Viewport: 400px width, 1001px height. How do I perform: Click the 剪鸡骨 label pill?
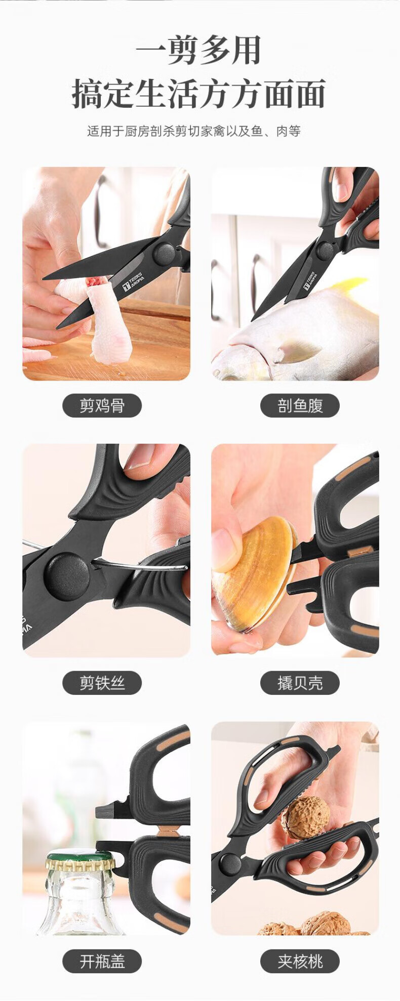click(x=102, y=405)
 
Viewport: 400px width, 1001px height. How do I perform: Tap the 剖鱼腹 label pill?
click(x=300, y=405)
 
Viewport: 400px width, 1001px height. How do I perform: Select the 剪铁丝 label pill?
click(x=102, y=683)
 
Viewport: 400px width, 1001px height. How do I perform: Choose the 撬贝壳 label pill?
click(x=300, y=683)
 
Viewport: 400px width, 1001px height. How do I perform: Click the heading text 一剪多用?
click(x=198, y=50)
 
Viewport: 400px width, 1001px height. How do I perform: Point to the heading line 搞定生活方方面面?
click(x=198, y=94)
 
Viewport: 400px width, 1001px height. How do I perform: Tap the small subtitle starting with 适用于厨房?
click(x=194, y=132)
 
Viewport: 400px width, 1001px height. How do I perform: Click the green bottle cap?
click(x=80, y=859)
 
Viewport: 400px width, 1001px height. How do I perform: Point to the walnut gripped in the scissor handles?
click(x=305, y=817)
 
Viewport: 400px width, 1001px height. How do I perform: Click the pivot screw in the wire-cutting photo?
click(x=67, y=576)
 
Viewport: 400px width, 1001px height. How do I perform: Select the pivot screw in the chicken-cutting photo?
click(x=165, y=254)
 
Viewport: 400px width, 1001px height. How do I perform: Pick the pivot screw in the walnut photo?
click(x=230, y=863)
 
